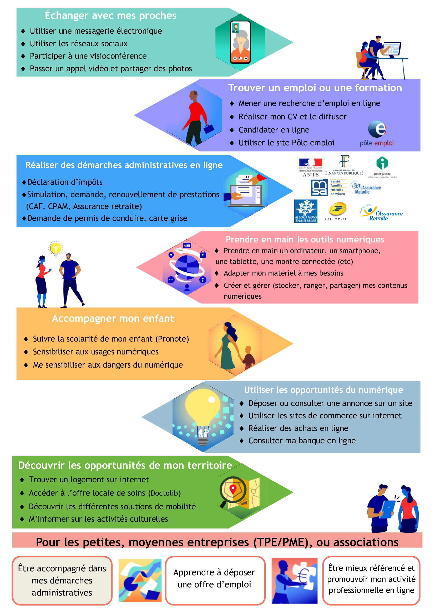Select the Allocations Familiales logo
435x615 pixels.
click(x=306, y=211)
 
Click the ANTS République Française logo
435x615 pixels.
click(x=310, y=167)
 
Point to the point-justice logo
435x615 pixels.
click(x=382, y=167)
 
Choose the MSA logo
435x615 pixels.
click(x=320, y=188)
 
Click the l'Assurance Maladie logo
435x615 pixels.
click(x=366, y=188)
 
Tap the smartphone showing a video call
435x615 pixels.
click(x=240, y=42)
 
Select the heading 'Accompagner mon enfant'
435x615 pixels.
click(x=113, y=318)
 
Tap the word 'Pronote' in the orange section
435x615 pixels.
click(x=172, y=339)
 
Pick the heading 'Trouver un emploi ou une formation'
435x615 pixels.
click(x=315, y=88)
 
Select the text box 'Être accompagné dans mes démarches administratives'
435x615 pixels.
click(x=62, y=580)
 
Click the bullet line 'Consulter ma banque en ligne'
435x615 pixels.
click(x=302, y=441)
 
